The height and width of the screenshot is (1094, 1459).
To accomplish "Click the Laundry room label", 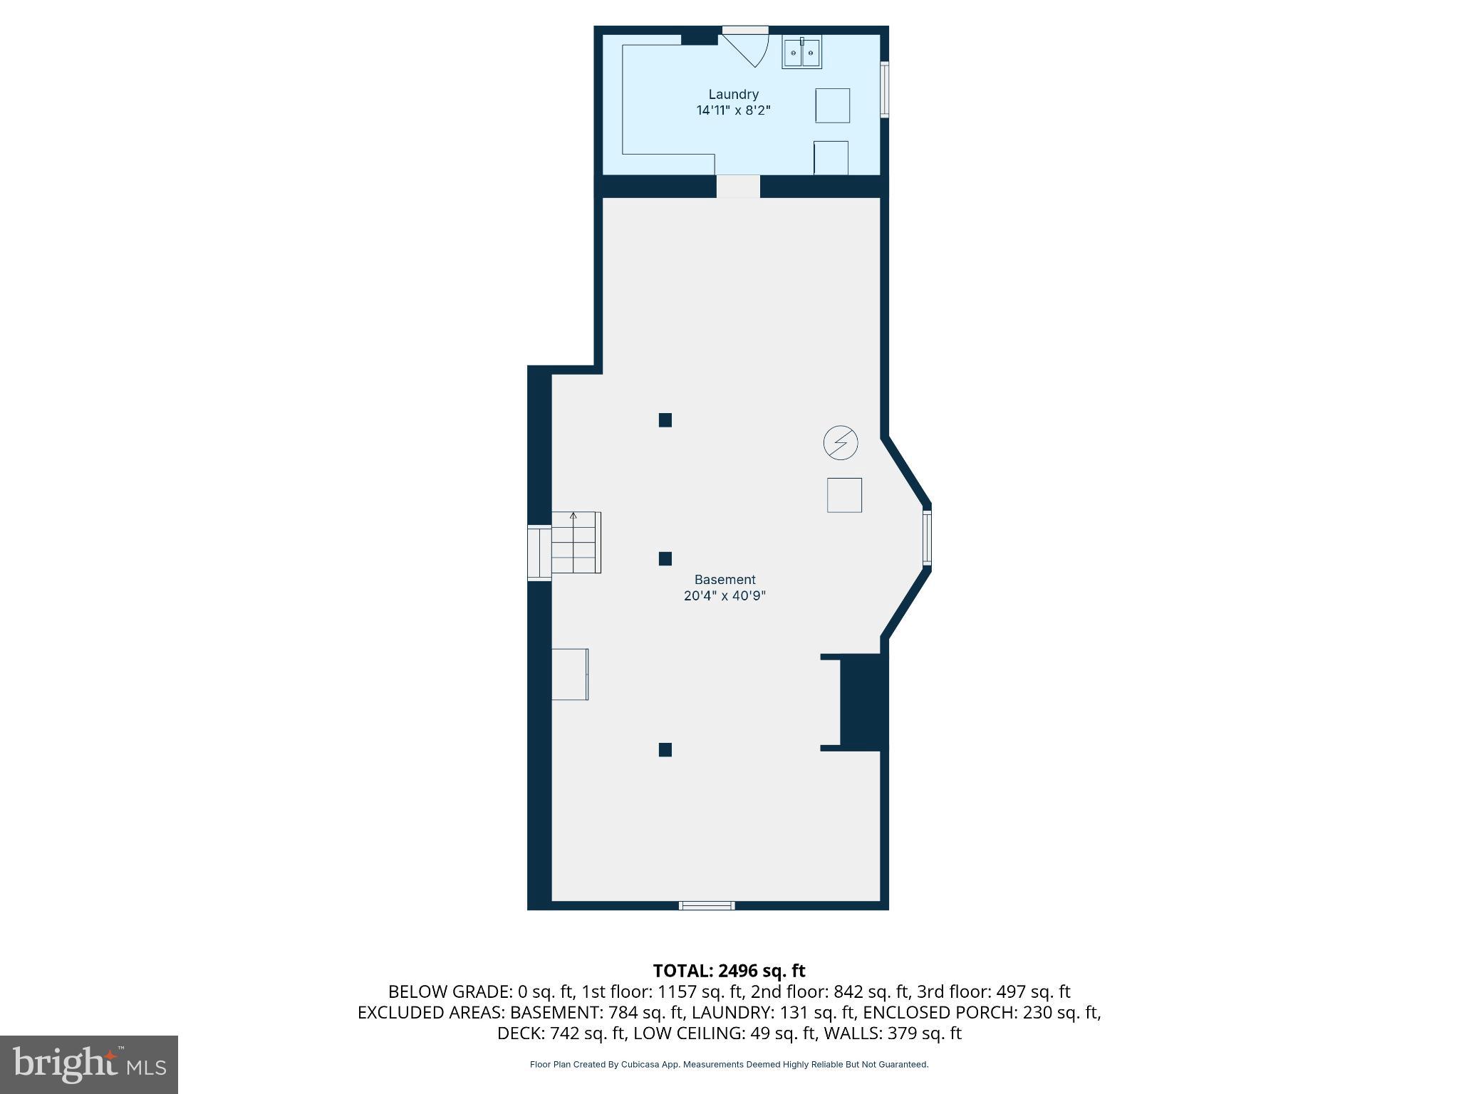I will click(x=733, y=94).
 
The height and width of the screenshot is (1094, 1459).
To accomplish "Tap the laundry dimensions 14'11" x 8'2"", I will click(x=733, y=110).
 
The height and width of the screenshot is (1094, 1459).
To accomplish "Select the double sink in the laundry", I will click(x=802, y=53).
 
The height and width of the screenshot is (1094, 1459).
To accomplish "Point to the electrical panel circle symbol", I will click(x=841, y=443).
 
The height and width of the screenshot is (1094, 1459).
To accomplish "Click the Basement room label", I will click(x=725, y=580).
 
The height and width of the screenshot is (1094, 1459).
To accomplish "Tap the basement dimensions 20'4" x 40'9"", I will click(x=725, y=596).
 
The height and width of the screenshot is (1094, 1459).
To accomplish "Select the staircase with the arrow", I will click(x=576, y=543).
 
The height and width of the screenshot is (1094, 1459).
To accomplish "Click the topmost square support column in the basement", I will click(x=665, y=420).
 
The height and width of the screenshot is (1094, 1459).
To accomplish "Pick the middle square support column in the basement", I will click(x=665, y=559).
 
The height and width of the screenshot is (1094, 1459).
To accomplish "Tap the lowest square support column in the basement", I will click(x=665, y=749).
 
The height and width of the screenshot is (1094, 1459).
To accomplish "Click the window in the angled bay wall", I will click(x=927, y=538).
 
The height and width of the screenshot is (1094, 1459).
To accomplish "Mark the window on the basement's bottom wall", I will click(x=706, y=905).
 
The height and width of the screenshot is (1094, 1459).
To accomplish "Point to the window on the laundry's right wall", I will click(x=884, y=90).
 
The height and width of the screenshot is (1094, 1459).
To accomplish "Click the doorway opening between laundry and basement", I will click(x=738, y=187).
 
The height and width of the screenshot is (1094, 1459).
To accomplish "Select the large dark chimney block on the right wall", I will click(x=863, y=702).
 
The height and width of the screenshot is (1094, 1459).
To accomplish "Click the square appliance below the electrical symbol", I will click(x=844, y=495).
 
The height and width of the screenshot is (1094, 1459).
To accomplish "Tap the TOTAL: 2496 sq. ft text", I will click(x=729, y=971).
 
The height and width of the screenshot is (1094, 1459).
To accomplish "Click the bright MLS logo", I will click(x=89, y=1065).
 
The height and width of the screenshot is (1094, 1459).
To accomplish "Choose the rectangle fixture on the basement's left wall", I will click(x=570, y=674).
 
